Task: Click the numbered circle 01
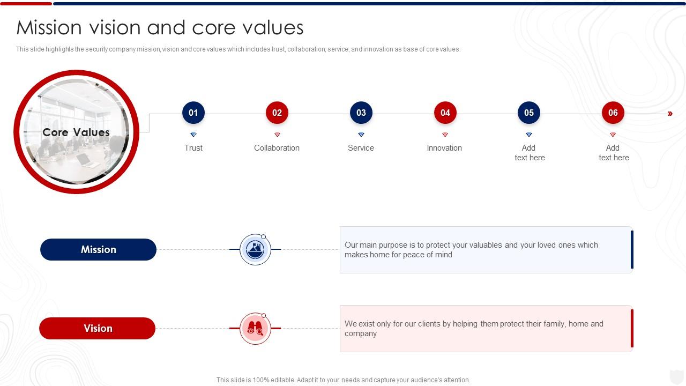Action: (193, 113)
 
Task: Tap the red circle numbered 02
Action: (277, 113)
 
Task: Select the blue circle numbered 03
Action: (361, 113)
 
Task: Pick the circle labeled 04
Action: (445, 113)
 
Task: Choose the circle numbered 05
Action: (529, 113)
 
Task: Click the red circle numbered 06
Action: (613, 113)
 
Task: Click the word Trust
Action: (193, 148)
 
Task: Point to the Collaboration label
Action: (277, 148)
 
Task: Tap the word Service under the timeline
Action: (361, 148)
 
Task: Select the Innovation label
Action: (444, 148)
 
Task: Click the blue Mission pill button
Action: (99, 249)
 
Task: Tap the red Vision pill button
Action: (98, 328)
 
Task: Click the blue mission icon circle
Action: (256, 249)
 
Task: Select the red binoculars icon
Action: (256, 329)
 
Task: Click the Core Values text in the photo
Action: (76, 132)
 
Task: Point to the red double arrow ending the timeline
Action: (670, 114)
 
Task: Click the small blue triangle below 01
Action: (193, 135)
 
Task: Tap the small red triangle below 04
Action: (445, 135)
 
